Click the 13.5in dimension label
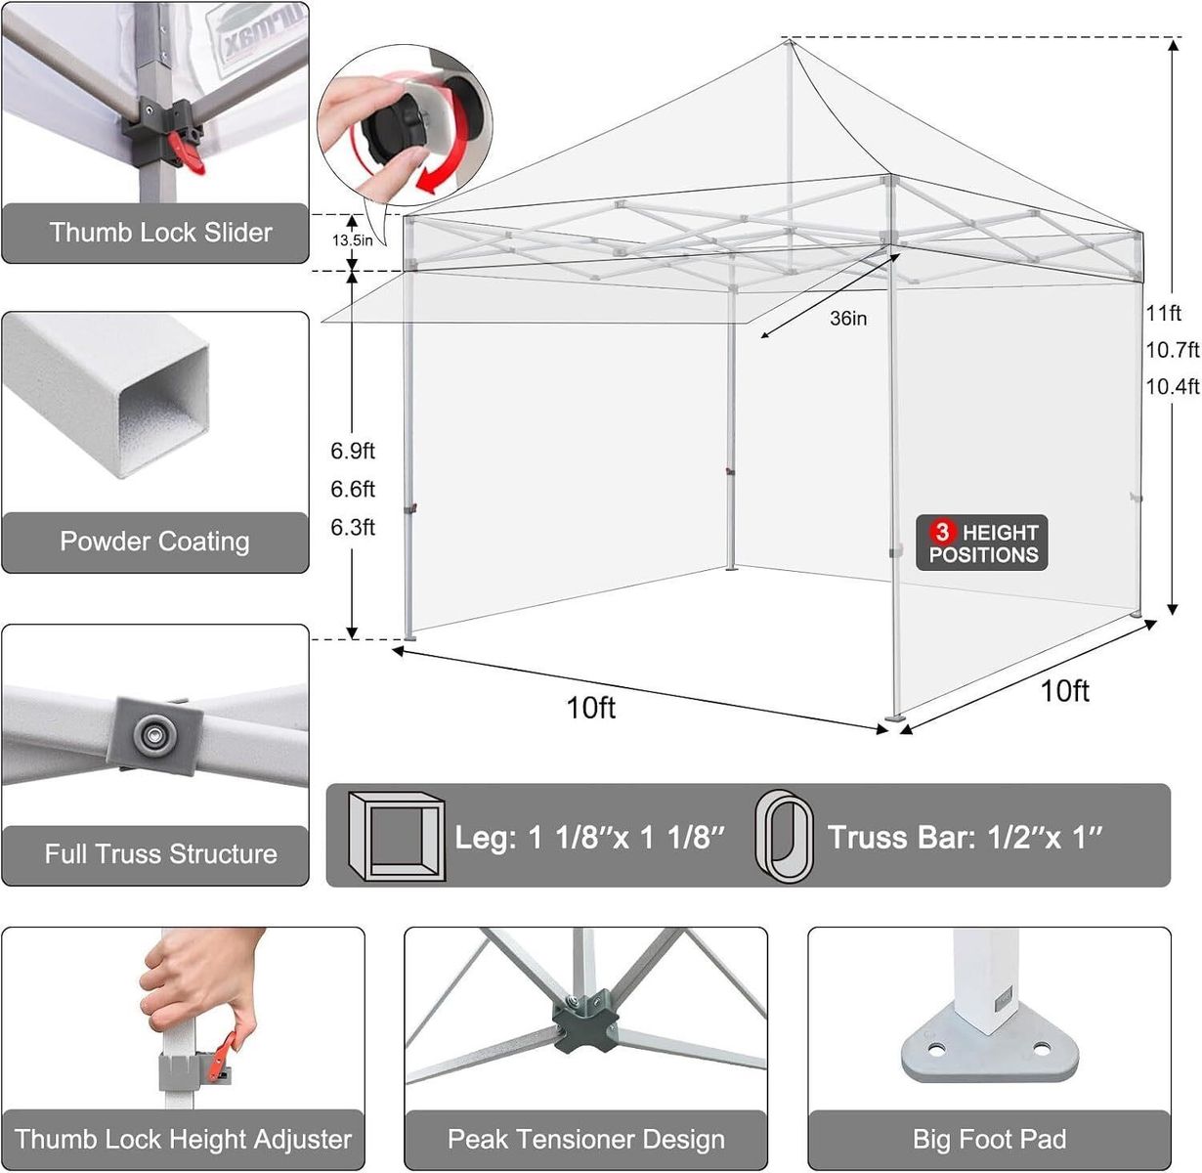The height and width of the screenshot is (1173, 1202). (352, 240)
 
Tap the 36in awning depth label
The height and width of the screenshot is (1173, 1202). (848, 318)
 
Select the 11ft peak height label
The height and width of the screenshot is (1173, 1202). (1164, 313)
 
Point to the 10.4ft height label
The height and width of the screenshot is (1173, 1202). (1173, 387)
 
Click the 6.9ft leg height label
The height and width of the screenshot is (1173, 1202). (353, 451)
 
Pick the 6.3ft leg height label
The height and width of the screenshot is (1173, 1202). (353, 527)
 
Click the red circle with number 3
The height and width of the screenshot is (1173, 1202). (943, 531)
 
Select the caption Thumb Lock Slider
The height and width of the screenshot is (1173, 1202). (160, 233)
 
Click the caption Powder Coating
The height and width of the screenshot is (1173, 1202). (155, 542)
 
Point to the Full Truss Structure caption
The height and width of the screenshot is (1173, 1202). (160, 853)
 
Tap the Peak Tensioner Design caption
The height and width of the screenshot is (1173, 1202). (585, 1139)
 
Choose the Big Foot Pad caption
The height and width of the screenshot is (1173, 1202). (990, 1139)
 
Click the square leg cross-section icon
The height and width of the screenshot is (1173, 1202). (397, 836)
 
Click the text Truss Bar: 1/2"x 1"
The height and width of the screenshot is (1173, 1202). (965, 837)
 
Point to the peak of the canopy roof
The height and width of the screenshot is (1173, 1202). (789, 41)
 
